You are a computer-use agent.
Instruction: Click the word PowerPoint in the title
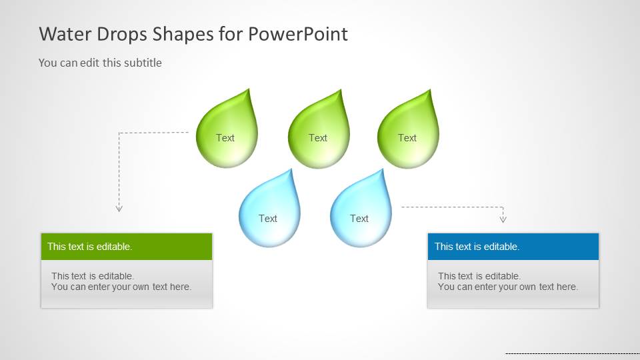coord(298,34)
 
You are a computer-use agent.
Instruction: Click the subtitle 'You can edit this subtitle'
coord(100,63)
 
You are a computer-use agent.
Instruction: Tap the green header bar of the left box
coord(127,247)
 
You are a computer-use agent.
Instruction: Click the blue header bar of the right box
coord(513,247)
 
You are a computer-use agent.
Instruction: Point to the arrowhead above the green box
coord(119,209)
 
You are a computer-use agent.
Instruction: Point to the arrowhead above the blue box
coord(503,219)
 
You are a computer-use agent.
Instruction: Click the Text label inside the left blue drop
coord(268,219)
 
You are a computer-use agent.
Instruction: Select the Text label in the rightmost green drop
coord(407,138)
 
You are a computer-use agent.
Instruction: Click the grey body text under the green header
coord(121,281)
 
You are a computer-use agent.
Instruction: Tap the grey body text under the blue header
coord(508,281)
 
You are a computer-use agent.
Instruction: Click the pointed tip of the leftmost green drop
coord(249,89)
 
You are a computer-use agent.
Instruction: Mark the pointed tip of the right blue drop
coord(383,169)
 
